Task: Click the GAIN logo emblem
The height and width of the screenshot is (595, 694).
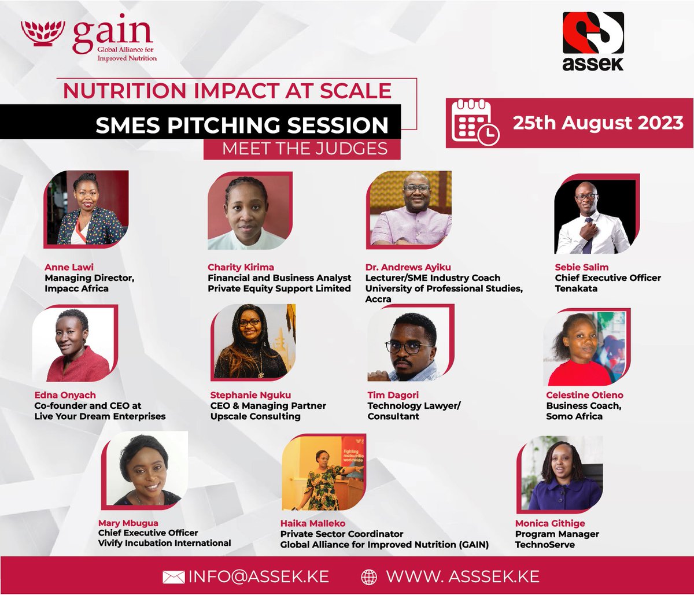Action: tap(43, 34)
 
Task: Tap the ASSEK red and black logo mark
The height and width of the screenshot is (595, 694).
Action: tap(593, 33)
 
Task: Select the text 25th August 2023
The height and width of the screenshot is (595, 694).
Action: tap(598, 123)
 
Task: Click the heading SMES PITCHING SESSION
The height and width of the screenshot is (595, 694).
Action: tap(242, 125)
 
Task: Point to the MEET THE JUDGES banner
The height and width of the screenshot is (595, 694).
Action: tap(305, 149)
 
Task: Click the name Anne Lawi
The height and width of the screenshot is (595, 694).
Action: tap(65, 267)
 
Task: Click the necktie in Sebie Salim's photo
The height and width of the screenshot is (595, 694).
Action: tap(588, 238)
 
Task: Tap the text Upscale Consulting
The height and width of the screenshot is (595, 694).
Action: tap(255, 416)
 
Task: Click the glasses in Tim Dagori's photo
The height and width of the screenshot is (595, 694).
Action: tap(409, 348)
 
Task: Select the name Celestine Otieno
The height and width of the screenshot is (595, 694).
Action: tap(584, 396)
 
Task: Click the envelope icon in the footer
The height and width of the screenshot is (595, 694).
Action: tap(173, 576)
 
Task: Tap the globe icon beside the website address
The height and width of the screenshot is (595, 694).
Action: tap(368, 576)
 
